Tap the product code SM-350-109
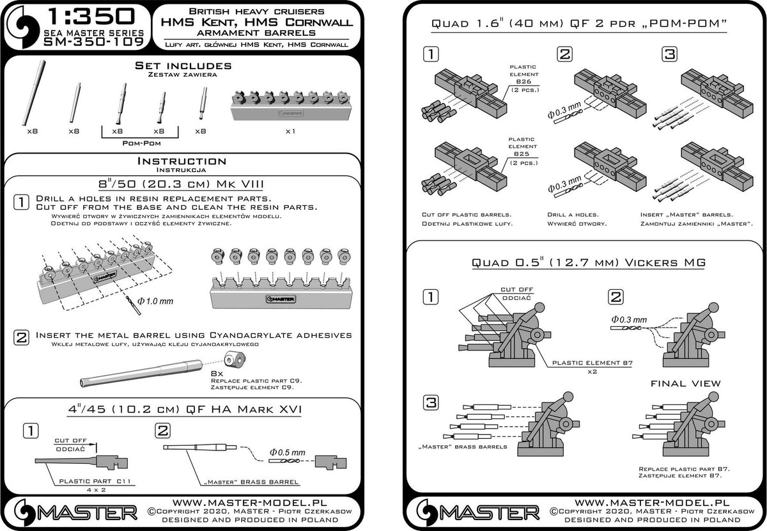[x=93, y=42]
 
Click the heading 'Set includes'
[x=183, y=65]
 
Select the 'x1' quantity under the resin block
[x=290, y=131]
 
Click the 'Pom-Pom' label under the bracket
[x=141, y=143]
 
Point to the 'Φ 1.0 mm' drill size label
[x=155, y=301]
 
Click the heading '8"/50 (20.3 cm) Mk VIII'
[x=181, y=184]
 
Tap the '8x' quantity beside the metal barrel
[x=217, y=374]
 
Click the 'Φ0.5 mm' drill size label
[x=287, y=452]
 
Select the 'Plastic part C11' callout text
[x=95, y=481]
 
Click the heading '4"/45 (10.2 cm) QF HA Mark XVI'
[x=184, y=409]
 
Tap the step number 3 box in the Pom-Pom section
[x=669, y=54]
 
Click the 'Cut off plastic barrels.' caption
[x=467, y=214]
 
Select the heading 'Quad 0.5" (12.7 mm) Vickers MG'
[x=589, y=262]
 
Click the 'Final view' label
[x=685, y=384]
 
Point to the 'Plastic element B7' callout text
[x=593, y=363]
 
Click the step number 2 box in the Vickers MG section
[x=616, y=297]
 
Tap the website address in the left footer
[x=250, y=503]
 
